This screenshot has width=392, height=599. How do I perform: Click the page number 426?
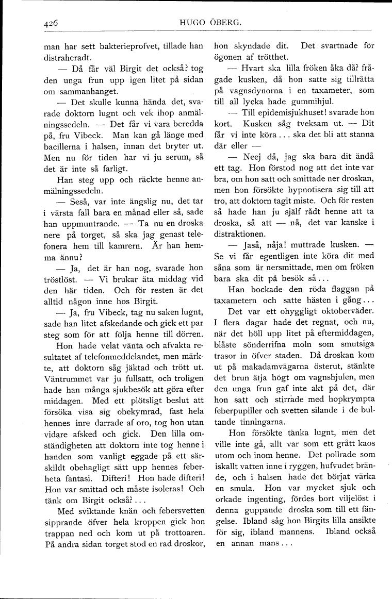[51, 23]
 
